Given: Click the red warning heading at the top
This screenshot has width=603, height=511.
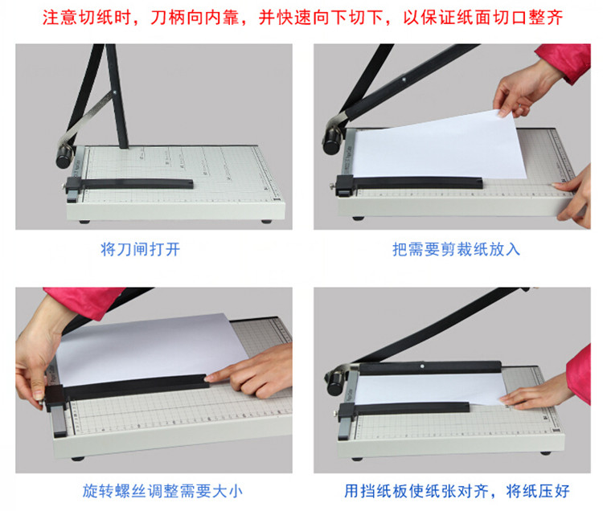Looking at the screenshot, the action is tap(302, 18).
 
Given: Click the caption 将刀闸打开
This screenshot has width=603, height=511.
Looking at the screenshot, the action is tap(141, 249).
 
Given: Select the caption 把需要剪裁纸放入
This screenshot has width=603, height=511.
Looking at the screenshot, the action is tap(456, 249).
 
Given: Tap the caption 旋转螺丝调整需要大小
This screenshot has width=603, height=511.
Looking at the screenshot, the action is tap(162, 491).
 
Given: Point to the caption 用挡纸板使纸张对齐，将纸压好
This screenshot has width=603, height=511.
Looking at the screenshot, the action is tap(457, 491).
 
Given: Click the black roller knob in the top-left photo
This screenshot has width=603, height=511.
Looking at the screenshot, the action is tap(64, 157).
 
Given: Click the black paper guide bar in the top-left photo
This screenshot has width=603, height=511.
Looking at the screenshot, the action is tap(131, 184).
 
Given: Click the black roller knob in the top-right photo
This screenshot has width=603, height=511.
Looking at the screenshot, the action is tap(330, 141).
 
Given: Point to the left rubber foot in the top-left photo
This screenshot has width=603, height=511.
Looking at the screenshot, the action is tap(84, 222).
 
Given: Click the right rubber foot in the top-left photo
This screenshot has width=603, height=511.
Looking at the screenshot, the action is tap(266, 221).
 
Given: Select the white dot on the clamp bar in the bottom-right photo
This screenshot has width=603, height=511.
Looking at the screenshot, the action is tap(422, 366).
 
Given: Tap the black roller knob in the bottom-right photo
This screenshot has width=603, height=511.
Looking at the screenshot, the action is tap(334, 384).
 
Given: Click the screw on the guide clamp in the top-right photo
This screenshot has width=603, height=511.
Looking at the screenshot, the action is tap(332, 187).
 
